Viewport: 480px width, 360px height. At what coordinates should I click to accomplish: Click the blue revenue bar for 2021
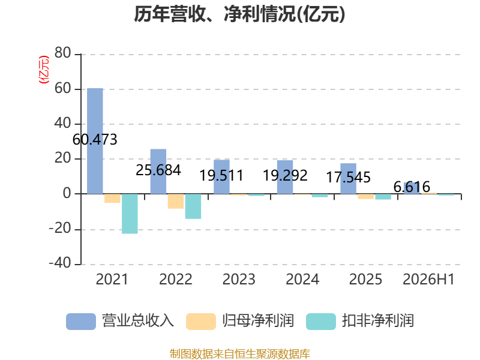[95, 141]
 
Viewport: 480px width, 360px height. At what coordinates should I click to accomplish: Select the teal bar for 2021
[130, 214]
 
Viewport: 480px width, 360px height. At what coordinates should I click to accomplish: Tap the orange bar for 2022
[176, 201]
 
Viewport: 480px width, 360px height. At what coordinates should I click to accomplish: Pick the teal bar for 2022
[193, 206]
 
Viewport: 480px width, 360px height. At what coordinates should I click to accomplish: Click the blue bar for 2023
[221, 176]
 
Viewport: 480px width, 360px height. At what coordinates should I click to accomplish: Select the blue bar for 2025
[349, 178]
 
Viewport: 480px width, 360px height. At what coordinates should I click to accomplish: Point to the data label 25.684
[158, 170]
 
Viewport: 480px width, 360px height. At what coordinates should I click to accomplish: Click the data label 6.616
[412, 187]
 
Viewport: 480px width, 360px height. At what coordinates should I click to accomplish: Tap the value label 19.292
[285, 175]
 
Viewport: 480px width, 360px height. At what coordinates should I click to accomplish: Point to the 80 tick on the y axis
[63, 53]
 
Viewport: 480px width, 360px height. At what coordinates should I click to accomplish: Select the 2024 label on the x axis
[302, 279]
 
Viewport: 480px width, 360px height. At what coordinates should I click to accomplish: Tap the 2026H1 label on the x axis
[428, 279]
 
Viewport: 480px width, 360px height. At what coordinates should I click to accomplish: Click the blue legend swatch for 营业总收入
[81, 322]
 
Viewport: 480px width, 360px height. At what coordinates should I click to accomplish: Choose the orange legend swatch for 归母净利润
[201, 322]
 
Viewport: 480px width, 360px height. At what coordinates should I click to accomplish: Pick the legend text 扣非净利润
[378, 321]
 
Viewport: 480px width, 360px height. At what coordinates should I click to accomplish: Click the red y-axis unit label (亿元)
[43, 70]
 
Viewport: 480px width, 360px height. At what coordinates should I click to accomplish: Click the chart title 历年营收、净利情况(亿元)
[239, 14]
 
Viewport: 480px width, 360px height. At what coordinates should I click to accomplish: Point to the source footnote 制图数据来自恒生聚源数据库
[240, 354]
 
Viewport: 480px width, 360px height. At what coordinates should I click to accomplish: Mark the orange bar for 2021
[112, 198]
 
